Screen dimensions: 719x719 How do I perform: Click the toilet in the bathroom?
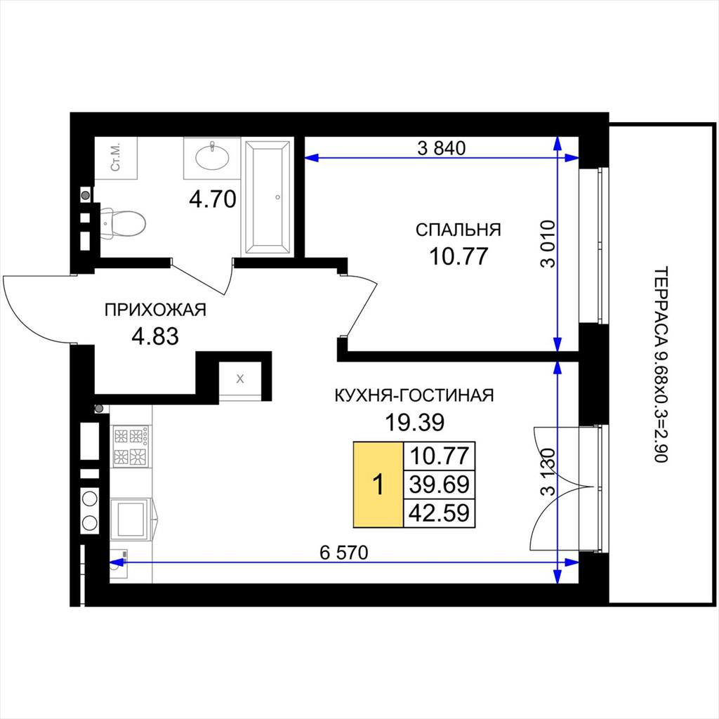click(123, 223)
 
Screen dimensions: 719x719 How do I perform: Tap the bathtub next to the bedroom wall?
click(268, 197)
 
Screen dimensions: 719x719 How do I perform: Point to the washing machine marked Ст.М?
click(116, 158)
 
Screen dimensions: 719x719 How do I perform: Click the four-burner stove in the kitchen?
click(131, 446)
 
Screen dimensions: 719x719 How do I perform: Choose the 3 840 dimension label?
click(441, 148)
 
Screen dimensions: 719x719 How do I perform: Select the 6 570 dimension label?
click(344, 553)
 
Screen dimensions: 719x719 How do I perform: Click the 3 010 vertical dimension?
click(548, 244)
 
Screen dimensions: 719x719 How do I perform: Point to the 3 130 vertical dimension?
click(548, 472)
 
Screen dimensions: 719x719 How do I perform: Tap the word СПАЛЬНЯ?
click(458, 230)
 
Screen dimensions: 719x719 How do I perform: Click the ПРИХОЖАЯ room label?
click(155, 310)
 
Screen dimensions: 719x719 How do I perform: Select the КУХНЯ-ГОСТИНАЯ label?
click(414, 395)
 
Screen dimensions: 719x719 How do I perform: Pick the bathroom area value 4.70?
click(213, 199)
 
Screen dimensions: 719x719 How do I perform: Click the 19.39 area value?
click(414, 422)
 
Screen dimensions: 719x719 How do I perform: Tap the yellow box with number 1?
click(378, 484)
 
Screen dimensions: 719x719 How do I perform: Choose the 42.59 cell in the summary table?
click(440, 513)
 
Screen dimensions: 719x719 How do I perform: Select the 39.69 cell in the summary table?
click(440, 484)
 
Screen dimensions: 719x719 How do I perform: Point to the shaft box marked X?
click(240, 378)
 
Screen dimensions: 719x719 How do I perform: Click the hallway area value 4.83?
click(155, 336)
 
